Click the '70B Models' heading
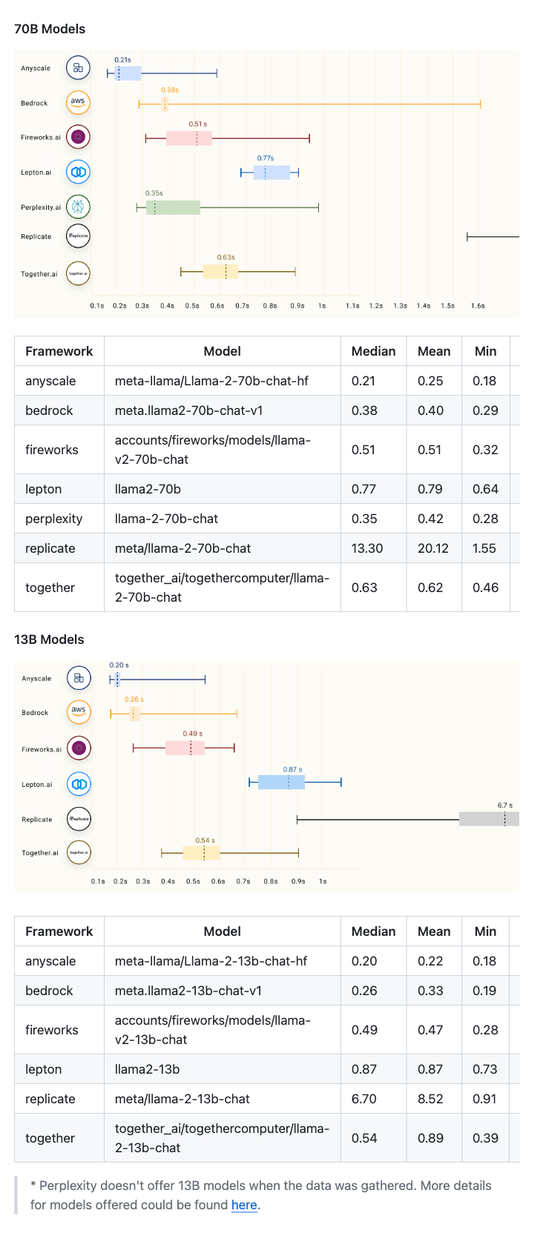coord(50,29)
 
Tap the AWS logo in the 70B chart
coord(78,102)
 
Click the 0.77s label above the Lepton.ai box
coord(266,158)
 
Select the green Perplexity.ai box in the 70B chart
coord(174,207)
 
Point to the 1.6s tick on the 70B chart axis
coord(478,305)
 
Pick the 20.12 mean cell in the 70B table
coord(433,548)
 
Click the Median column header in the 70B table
coord(373,351)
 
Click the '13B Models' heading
coord(49,639)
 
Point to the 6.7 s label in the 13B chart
coord(504,805)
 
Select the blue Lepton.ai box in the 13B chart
coord(281,782)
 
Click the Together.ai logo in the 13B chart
coord(79,853)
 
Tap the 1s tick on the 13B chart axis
coord(323,881)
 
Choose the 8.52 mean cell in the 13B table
coord(430,1099)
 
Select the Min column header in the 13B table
coord(485,931)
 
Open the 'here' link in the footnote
coord(244,1205)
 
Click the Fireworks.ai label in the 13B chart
coord(42,749)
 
